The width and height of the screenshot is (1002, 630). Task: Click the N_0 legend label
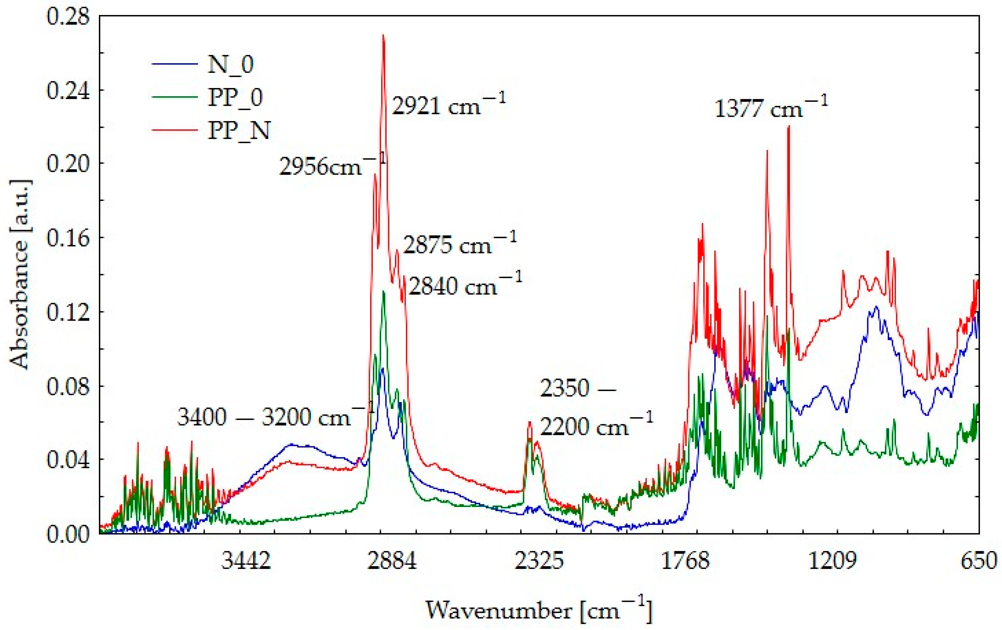pyautogui.click(x=230, y=65)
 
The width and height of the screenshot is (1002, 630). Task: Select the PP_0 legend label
pyautogui.click(x=235, y=98)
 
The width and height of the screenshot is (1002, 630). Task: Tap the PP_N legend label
pyautogui.click(x=239, y=130)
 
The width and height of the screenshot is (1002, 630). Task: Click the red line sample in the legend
pyautogui.click(x=174, y=130)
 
